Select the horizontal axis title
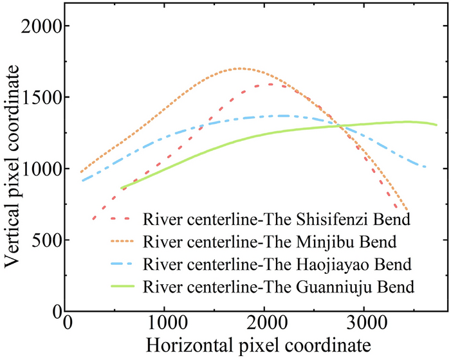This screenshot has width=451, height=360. (257, 344)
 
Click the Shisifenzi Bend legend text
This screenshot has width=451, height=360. (277, 220)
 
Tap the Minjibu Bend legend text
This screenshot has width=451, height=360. (271, 242)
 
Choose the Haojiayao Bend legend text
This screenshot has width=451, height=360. (277, 264)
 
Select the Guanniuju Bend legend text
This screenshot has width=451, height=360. (278, 287)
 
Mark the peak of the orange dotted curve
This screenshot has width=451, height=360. (239, 68)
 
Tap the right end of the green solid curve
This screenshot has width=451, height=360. (437, 125)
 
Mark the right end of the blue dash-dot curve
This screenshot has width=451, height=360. (425, 166)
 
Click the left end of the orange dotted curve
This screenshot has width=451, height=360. (81, 172)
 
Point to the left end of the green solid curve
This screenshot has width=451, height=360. (121, 188)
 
